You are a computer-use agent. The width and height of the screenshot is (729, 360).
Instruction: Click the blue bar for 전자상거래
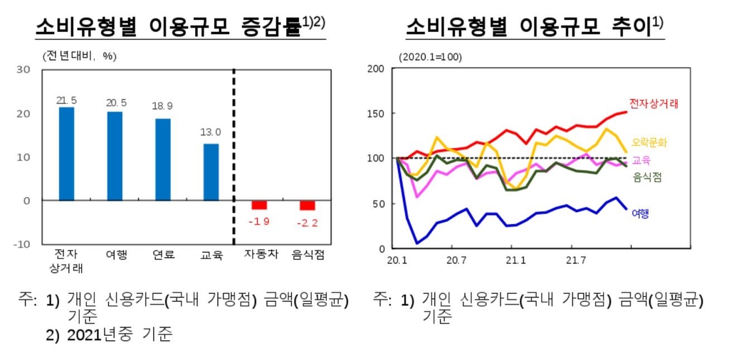click(x=66, y=154)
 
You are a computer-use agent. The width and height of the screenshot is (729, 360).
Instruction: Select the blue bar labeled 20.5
click(x=114, y=156)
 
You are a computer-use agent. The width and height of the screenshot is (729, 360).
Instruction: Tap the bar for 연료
click(x=162, y=159)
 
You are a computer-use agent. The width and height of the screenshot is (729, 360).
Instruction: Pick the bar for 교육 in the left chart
click(x=211, y=172)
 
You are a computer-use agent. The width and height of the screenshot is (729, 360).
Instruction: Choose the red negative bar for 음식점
click(x=307, y=206)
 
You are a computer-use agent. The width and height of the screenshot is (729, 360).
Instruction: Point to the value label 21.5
click(x=66, y=100)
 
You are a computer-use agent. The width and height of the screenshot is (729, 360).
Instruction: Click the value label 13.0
click(x=211, y=132)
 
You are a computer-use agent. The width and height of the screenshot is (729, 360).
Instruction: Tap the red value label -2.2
click(x=307, y=223)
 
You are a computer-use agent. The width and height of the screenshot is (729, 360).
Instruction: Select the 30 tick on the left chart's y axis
click(x=23, y=69)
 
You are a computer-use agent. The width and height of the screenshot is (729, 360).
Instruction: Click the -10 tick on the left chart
click(x=22, y=244)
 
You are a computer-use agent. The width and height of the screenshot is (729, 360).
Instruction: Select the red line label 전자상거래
click(x=654, y=104)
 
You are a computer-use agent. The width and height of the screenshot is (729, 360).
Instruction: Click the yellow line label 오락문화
click(x=649, y=142)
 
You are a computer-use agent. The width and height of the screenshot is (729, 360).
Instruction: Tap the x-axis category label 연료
click(x=162, y=255)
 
